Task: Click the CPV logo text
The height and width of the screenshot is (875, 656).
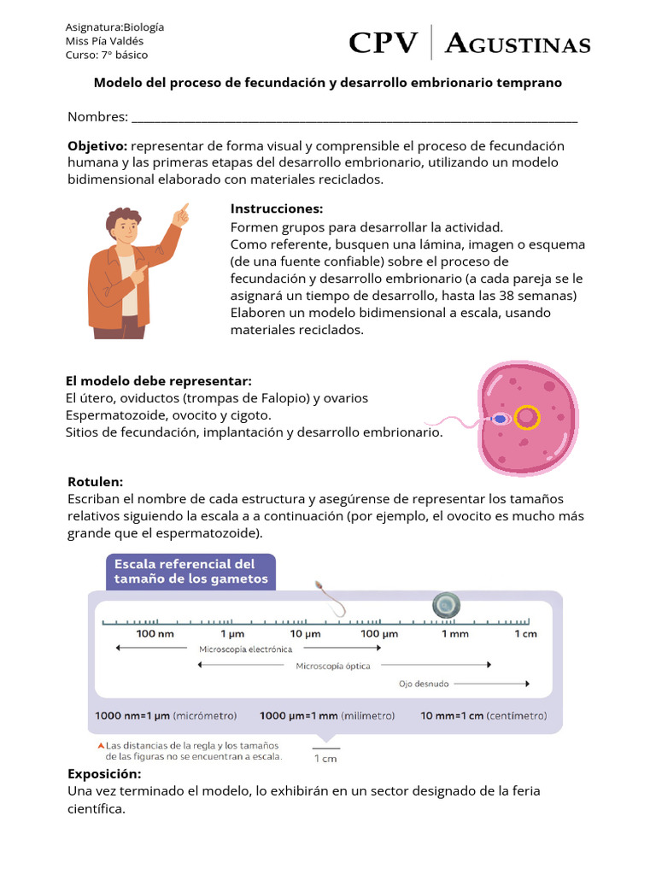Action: [x=384, y=43]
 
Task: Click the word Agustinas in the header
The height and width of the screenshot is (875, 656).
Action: [x=518, y=44]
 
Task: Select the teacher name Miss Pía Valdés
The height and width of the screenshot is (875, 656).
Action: [x=105, y=41]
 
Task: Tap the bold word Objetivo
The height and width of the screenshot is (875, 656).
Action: [x=97, y=146]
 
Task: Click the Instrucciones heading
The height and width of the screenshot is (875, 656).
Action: [x=277, y=208]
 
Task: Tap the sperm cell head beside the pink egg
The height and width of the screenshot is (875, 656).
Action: [x=500, y=420]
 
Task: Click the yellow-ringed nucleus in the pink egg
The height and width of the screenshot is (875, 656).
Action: [x=527, y=417]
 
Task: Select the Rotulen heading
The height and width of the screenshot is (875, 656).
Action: [x=95, y=482]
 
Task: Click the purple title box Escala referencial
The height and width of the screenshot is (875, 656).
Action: [x=190, y=572]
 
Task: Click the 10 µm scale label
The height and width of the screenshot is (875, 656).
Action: [x=305, y=634]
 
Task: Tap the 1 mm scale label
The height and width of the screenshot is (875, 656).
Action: [x=454, y=634]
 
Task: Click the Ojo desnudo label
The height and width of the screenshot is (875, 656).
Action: [x=424, y=684]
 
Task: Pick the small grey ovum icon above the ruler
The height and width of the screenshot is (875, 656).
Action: [x=445, y=605]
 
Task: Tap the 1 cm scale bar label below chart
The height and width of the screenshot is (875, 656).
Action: [x=325, y=758]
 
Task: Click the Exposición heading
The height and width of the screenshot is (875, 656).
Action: [x=104, y=773]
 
